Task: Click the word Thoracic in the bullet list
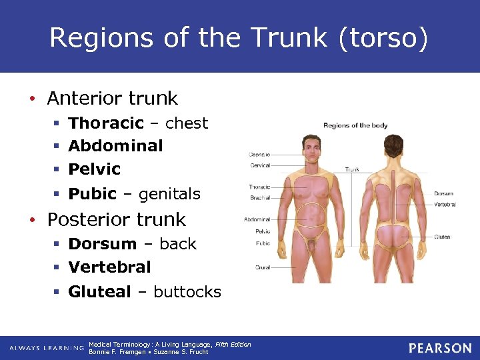tap(106, 123)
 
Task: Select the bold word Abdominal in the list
tap(115, 145)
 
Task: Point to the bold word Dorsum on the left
tap(103, 244)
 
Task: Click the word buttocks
tap(187, 292)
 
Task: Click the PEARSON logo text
tap(440, 348)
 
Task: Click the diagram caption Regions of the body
tap(355, 125)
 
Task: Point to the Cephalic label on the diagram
tap(260, 153)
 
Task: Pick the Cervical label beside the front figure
tap(260, 166)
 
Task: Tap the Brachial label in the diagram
tap(260, 198)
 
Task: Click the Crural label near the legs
tap(263, 267)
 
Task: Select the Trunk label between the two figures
tap(352, 169)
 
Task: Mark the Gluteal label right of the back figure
tap(442, 237)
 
